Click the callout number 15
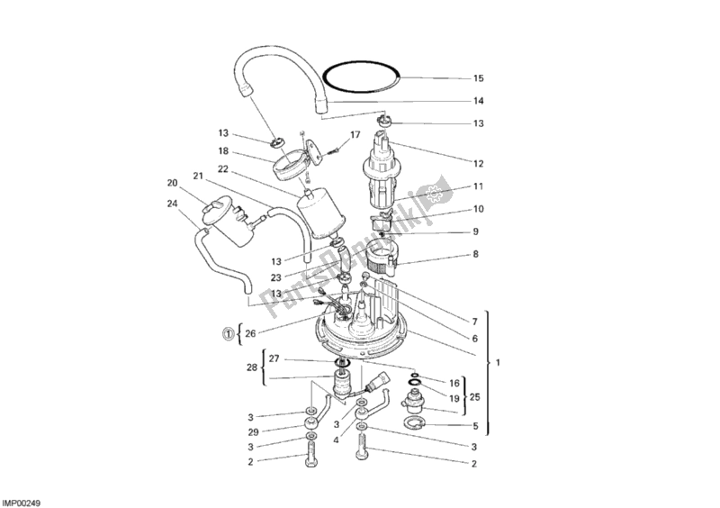[479, 77]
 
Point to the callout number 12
[479, 163]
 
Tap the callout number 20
[171, 183]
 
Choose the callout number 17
[355, 135]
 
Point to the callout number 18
[223, 152]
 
